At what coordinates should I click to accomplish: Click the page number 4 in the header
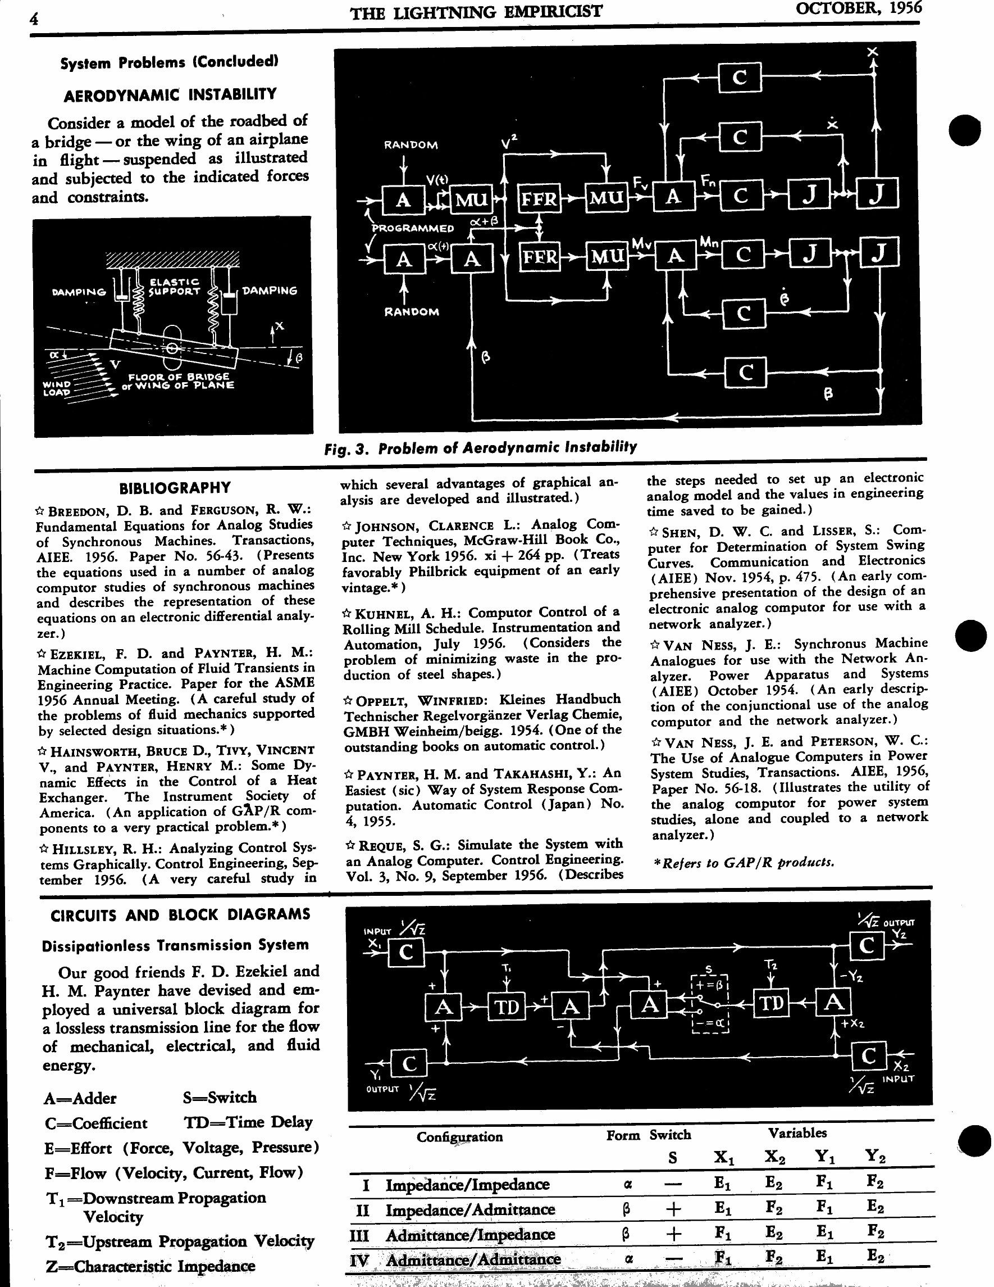pyautogui.click(x=34, y=19)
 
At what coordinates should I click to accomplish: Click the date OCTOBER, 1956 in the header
pyautogui.click(x=858, y=8)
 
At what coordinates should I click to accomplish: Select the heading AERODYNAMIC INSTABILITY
pyautogui.click(x=170, y=94)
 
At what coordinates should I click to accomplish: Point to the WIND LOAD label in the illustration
pyautogui.click(x=57, y=388)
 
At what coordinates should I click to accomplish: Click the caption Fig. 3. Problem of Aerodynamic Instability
pyautogui.click(x=481, y=448)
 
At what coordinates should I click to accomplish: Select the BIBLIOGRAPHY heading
pyautogui.click(x=175, y=488)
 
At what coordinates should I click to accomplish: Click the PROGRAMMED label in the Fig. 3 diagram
pyautogui.click(x=413, y=228)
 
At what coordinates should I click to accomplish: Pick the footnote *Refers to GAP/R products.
pyautogui.click(x=744, y=863)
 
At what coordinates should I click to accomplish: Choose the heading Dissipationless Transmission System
pyautogui.click(x=175, y=945)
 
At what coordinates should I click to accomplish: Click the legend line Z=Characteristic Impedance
pyautogui.click(x=149, y=1266)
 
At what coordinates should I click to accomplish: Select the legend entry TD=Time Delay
pyautogui.click(x=248, y=1122)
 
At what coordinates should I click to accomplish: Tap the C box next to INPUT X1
pyautogui.click(x=405, y=953)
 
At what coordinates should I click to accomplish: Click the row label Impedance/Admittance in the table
pyautogui.click(x=470, y=1209)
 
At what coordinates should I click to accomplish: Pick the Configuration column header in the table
pyautogui.click(x=459, y=1137)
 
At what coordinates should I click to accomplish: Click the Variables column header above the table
pyautogui.click(x=797, y=1132)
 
